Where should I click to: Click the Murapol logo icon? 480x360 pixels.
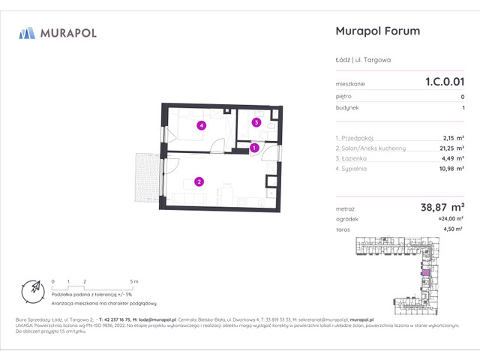pos(27,32)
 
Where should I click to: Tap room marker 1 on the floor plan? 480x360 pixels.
pos(254,148)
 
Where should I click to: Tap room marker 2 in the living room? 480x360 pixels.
pos(199,181)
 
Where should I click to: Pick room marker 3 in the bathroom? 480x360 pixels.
pos(256,122)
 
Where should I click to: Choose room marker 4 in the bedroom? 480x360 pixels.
pos(201,126)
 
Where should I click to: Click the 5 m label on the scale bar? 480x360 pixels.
pos(133,280)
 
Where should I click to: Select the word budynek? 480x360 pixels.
pos(347,108)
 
